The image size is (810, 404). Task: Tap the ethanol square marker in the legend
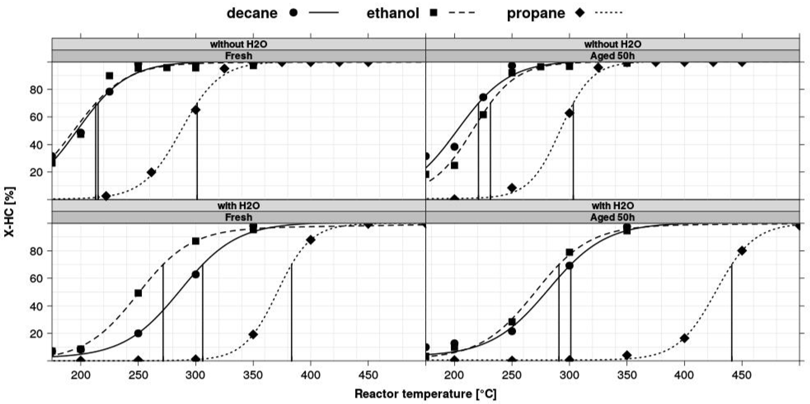point(434,13)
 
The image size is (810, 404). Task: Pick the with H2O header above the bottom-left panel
point(239,206)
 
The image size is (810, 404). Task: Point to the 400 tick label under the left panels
point(311,375)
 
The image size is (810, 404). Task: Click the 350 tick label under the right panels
point(627,375)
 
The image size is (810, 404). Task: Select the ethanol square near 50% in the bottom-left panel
point(138,293)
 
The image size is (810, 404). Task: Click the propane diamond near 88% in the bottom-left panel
point(311,240)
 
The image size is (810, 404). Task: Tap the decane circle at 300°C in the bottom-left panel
point(196,274)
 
